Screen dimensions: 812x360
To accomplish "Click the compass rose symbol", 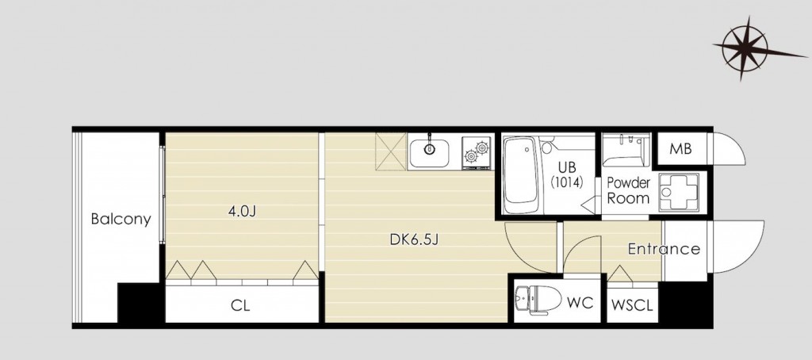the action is point(745,48).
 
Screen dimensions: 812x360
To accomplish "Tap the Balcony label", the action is point(121,219).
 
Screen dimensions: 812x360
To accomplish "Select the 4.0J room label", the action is point(243,212).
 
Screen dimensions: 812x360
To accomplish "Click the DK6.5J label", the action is point(414,239).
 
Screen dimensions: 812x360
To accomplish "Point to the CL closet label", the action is point(240,305).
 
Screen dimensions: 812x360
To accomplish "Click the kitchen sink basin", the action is point(429,151).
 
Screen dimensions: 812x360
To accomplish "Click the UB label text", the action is point(566,167).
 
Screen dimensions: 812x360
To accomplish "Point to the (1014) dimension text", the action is point(566,182).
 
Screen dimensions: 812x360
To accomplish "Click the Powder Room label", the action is point(628,190).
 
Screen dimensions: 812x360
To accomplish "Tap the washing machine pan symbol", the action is point(679,192).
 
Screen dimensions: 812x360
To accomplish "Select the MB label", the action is point(680,149).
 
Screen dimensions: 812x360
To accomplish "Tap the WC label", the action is point(580,302).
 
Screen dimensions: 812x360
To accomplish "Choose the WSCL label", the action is point(632,305).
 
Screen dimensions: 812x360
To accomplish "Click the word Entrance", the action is point(664,249).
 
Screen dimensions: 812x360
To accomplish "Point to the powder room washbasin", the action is point(626,151).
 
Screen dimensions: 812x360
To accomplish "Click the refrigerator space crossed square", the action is point(391,151).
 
